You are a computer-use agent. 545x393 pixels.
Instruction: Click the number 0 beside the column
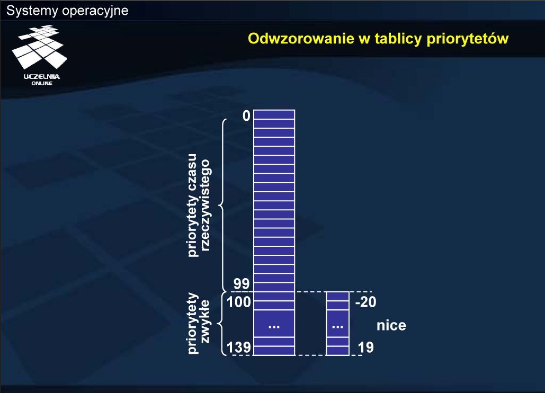click(246, 115)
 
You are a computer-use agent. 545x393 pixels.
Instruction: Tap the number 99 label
click(242, 284)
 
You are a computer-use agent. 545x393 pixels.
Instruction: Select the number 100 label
click(239, 302)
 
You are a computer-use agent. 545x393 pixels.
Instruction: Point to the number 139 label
click(239, 347)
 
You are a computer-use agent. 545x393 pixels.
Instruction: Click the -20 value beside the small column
click(365, 302)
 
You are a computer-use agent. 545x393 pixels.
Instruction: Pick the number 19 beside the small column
click(365, 347)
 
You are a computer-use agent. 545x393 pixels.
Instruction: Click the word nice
click(391, 326)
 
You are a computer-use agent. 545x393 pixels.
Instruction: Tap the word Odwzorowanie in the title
click(301, 39)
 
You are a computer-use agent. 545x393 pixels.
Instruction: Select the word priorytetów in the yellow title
click(468, 39)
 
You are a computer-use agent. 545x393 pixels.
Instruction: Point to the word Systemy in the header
click(32, 11)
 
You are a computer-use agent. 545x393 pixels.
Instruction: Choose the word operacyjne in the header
click(95, 11)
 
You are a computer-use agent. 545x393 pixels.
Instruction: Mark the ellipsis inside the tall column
click(274, 327)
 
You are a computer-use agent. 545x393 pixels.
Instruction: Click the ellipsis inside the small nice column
click(337, 327)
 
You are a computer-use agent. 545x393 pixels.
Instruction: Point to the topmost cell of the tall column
click(274, 114)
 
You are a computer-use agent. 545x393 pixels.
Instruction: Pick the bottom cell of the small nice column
click(337, 351)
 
